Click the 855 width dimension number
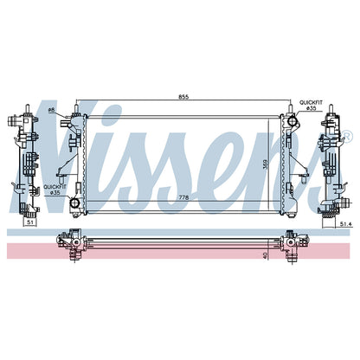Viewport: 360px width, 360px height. click(x=183, y=97)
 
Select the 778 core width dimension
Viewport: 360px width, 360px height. click(x=183, y=197)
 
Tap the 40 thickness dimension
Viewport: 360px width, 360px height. click(x=266, y=255)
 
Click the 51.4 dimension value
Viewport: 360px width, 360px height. click(x=344, y=223)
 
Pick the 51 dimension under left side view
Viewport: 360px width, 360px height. click(x=29, y=222)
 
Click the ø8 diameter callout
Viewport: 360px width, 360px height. click(x=51, y=110)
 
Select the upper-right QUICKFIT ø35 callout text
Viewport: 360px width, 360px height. click(x=311, y=105)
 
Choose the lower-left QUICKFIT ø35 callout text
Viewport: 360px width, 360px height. click(x=55, y=190)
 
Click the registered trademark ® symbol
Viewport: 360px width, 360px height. click(x=347, y=136)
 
